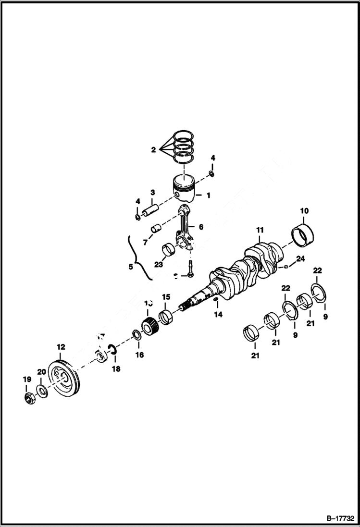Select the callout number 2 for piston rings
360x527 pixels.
pos(153,150)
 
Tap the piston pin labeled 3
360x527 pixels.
pos(149,210)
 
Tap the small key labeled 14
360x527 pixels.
pos(216,301)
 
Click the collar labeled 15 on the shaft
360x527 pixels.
pos(165,317)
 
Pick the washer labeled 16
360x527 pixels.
pos(137,334)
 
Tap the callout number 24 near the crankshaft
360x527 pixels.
pos(300,259)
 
